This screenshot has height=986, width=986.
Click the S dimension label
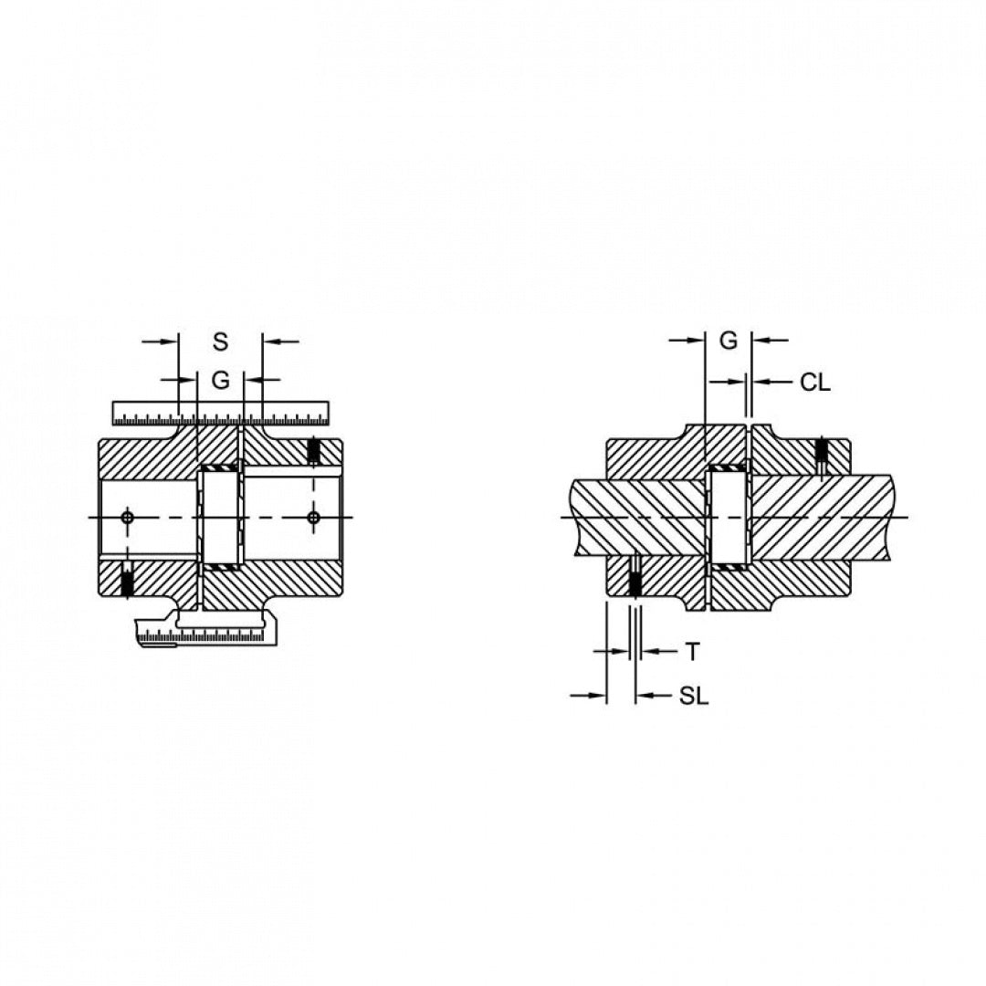220,342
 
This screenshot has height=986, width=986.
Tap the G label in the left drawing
220,380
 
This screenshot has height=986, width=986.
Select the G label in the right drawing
729,341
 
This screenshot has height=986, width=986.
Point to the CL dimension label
815,382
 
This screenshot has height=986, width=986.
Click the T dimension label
692,652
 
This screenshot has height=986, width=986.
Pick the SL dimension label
694,696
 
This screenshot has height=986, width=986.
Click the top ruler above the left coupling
221,412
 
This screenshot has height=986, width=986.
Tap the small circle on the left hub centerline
129,518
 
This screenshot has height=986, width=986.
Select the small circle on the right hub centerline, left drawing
314,518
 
